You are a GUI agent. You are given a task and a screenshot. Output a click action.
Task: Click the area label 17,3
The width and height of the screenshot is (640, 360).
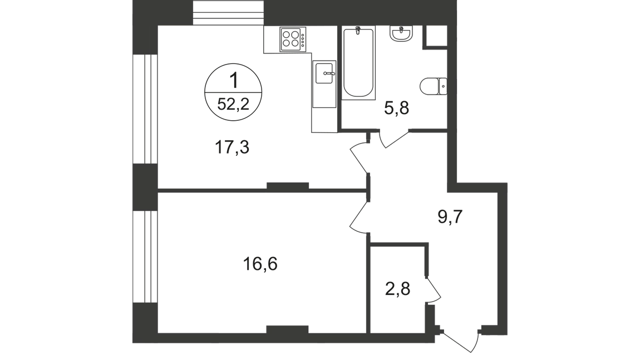[231, 148]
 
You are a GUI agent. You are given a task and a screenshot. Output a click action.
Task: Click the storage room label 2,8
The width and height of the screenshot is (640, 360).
[398, 290]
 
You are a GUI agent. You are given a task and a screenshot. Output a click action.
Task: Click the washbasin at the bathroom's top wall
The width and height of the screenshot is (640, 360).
[402, 35]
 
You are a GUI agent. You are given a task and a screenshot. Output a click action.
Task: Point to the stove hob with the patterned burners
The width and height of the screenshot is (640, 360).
[292, 39]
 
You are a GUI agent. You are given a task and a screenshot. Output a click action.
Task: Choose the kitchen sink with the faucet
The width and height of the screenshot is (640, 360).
[324, 75]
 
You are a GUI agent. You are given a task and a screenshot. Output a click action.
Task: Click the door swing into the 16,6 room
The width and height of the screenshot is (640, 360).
[358, 214]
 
